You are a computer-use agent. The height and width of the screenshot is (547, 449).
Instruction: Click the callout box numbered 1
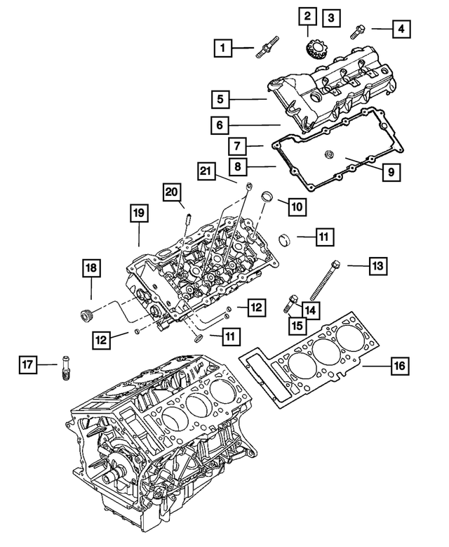224,48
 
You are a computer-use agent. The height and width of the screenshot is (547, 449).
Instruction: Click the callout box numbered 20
173,192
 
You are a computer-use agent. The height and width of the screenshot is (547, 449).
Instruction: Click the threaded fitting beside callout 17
67,367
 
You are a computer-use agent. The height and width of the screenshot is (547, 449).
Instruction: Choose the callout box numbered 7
237,146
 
